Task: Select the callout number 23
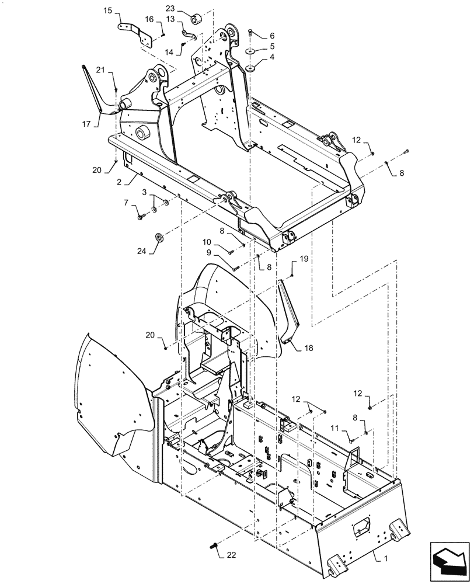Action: tap(170, 8)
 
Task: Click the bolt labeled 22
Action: tap(212, 546)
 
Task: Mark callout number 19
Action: tap(304, 258)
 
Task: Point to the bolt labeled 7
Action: tap(141, 217)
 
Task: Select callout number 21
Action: tap(100, 71)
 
